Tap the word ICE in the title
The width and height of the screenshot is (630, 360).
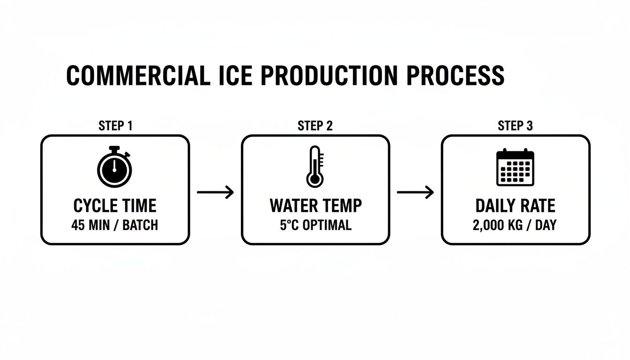(235, 76)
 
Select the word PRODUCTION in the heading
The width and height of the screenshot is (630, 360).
(331, 76)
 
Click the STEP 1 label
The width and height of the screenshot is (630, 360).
(115, 126)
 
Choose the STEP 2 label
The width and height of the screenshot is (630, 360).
(315, 126)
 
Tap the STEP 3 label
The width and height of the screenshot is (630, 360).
(515, 126)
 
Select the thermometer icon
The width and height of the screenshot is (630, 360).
(315, 167)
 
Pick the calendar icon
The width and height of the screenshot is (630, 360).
(515, 167)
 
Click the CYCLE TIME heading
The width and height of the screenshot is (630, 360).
(115, 206)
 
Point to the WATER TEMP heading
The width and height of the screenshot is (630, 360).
(315, 206)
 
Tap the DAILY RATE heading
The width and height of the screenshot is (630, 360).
(515, 206)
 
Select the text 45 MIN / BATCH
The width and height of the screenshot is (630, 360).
(115, 225)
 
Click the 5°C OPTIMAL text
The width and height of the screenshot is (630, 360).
(315, 225)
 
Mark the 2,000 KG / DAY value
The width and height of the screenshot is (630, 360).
(515, 225)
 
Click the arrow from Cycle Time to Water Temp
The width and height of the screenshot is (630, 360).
(215, 192)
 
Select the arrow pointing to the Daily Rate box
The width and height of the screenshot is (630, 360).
(415, 192)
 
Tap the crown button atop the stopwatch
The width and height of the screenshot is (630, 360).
(114, 149)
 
